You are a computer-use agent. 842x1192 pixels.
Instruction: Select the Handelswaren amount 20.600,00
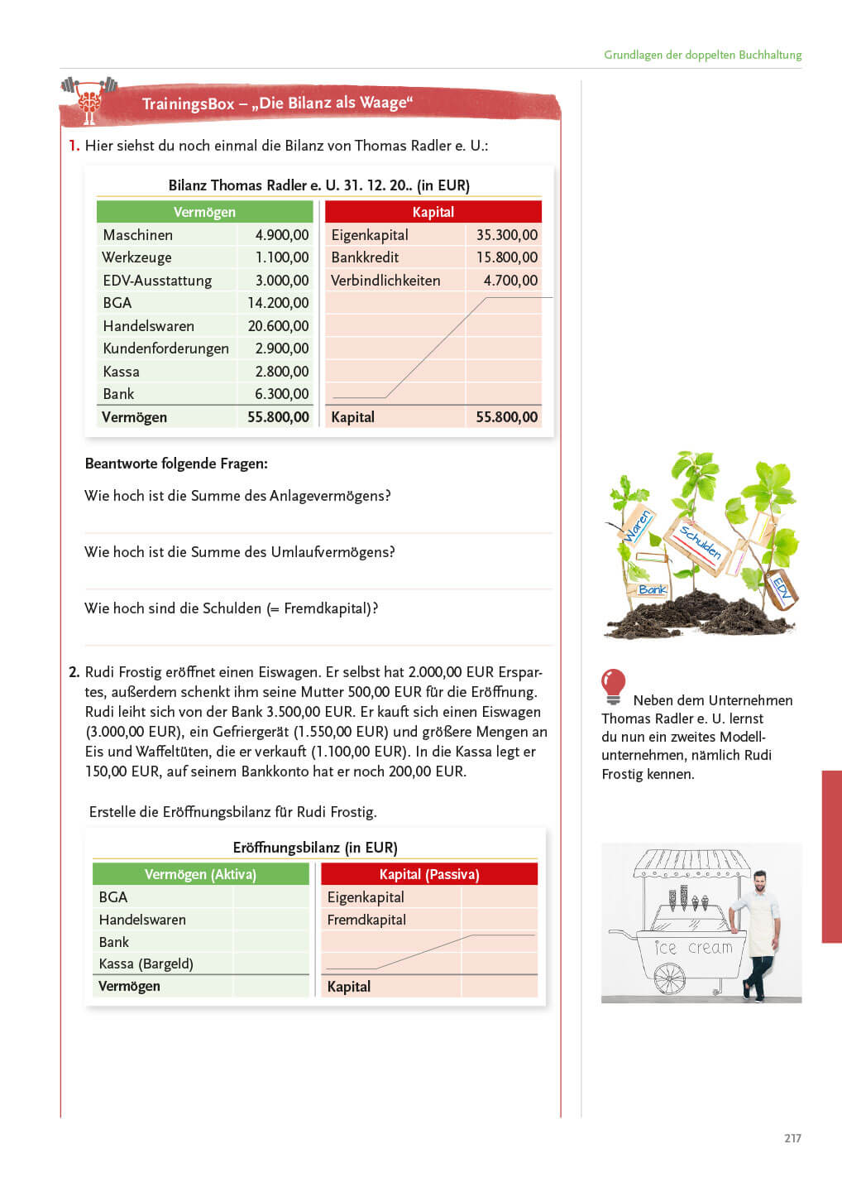point(278,326)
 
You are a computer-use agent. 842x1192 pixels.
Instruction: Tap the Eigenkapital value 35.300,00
point(506,235)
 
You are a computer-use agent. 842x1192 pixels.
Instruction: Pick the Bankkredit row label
point(365,257)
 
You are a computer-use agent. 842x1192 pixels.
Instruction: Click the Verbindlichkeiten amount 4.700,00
point(510,281)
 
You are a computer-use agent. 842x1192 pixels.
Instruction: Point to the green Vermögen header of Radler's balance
point(204,212)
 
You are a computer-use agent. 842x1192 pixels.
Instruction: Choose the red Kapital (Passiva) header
point(429,874)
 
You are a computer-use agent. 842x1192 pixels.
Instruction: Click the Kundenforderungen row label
point(165,348)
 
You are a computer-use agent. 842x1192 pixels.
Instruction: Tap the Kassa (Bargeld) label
point(146,964)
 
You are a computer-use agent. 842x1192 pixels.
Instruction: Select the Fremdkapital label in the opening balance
point(366,920)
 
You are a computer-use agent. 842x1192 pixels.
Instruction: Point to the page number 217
point(792,1138)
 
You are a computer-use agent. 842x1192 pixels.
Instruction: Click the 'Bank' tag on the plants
point(652,589)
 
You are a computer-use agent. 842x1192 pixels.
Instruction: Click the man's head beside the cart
point(763,882)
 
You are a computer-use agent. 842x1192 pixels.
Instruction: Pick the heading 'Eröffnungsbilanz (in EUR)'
point(315,848)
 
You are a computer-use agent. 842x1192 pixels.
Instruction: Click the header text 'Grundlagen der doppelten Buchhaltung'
point(702,55)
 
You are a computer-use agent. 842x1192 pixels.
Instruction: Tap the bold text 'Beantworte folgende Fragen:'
point(176,464)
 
